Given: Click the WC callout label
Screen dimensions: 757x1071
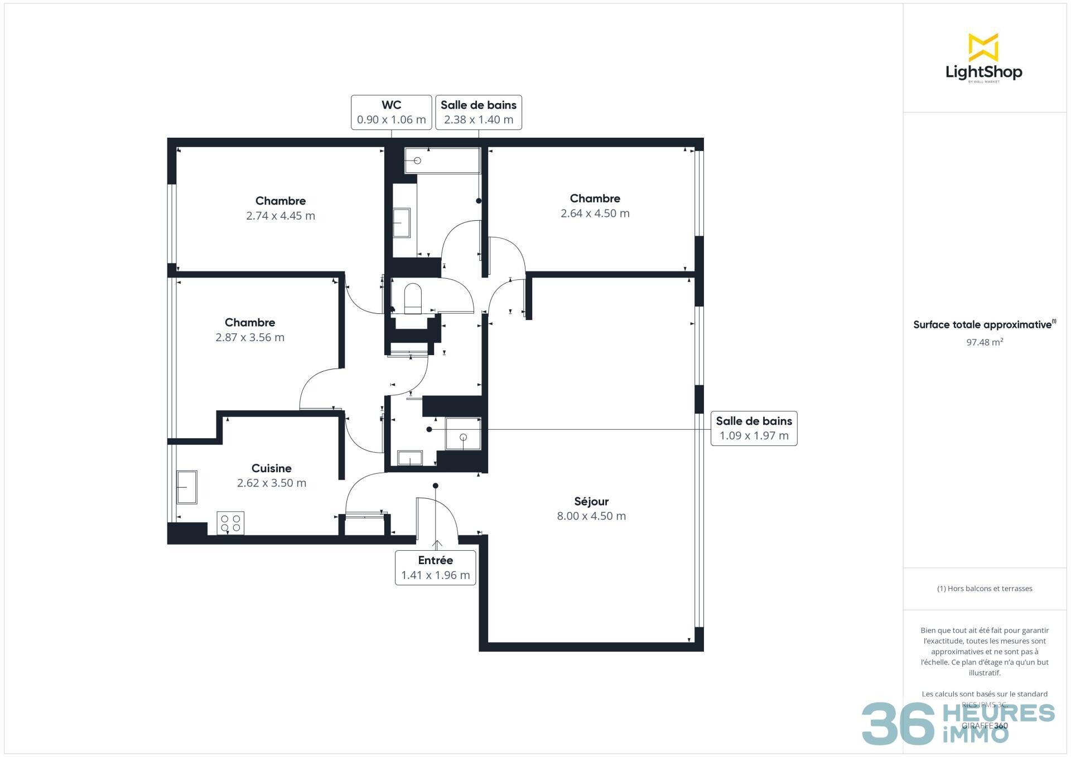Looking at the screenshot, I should click(x=391, y=112).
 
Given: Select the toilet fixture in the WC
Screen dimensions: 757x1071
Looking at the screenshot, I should click(x=413, y=298).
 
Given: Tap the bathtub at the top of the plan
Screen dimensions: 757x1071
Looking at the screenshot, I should click(x=442, y=161).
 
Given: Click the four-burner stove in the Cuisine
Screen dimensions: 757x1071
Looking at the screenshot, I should click(x=230, y=523).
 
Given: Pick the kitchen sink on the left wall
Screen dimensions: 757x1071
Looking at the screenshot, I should click(x=187, y=487).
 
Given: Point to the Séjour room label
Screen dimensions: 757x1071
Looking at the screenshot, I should click(x=591, y=501).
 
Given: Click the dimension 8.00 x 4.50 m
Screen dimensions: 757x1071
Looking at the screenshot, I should click(x=591, y=516).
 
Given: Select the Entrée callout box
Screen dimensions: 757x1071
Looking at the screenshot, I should click(x=435, y=567).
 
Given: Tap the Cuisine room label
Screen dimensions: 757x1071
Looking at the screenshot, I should click(x=271, y=468).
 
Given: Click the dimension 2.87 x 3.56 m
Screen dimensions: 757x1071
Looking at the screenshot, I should click(x=250, y=337).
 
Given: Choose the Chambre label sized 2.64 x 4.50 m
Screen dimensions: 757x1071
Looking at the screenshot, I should click(x=595, y=198).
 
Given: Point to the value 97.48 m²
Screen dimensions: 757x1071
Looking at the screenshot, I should click(x=985, y=342).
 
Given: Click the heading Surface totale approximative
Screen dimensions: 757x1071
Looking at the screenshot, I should click(x=982, y=325).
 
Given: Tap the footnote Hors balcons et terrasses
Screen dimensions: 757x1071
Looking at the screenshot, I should click(x=985, y=589).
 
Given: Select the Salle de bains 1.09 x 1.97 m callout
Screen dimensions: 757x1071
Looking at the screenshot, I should click(x=754, y=428).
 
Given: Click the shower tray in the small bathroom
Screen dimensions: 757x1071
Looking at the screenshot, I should click(x=463, y=433).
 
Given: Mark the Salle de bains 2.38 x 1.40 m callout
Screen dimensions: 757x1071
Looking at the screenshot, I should click(x=478, y=112).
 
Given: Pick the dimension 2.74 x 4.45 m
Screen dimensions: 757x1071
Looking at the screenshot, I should click(x=281, y=216).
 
